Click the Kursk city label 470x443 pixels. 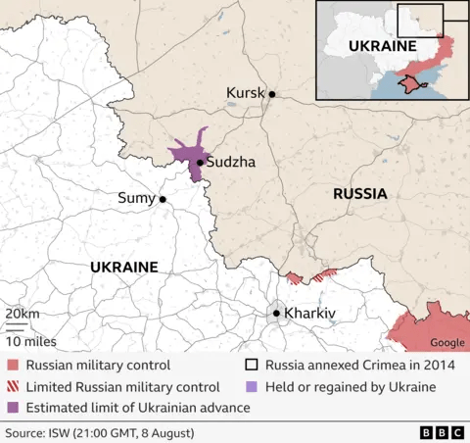[x=246, y=93]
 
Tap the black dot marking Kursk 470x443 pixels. [x=272, y=95]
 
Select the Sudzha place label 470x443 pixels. [x=231, y=163]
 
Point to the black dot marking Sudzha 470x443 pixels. [x=200, y=163]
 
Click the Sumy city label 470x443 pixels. [x=136, y=198]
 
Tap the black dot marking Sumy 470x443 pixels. [x=163, y=199]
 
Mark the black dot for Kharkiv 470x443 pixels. [x=277, y=314]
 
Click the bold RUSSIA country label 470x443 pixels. [x=359, y=194]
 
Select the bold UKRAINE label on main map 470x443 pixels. [x=123, y=267]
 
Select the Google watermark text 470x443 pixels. [x=447, y=342]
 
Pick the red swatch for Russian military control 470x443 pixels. [x=13, y=366]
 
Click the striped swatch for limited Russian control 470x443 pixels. [x=13, y=387]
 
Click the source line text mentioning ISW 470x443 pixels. [x=99, y=432]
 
